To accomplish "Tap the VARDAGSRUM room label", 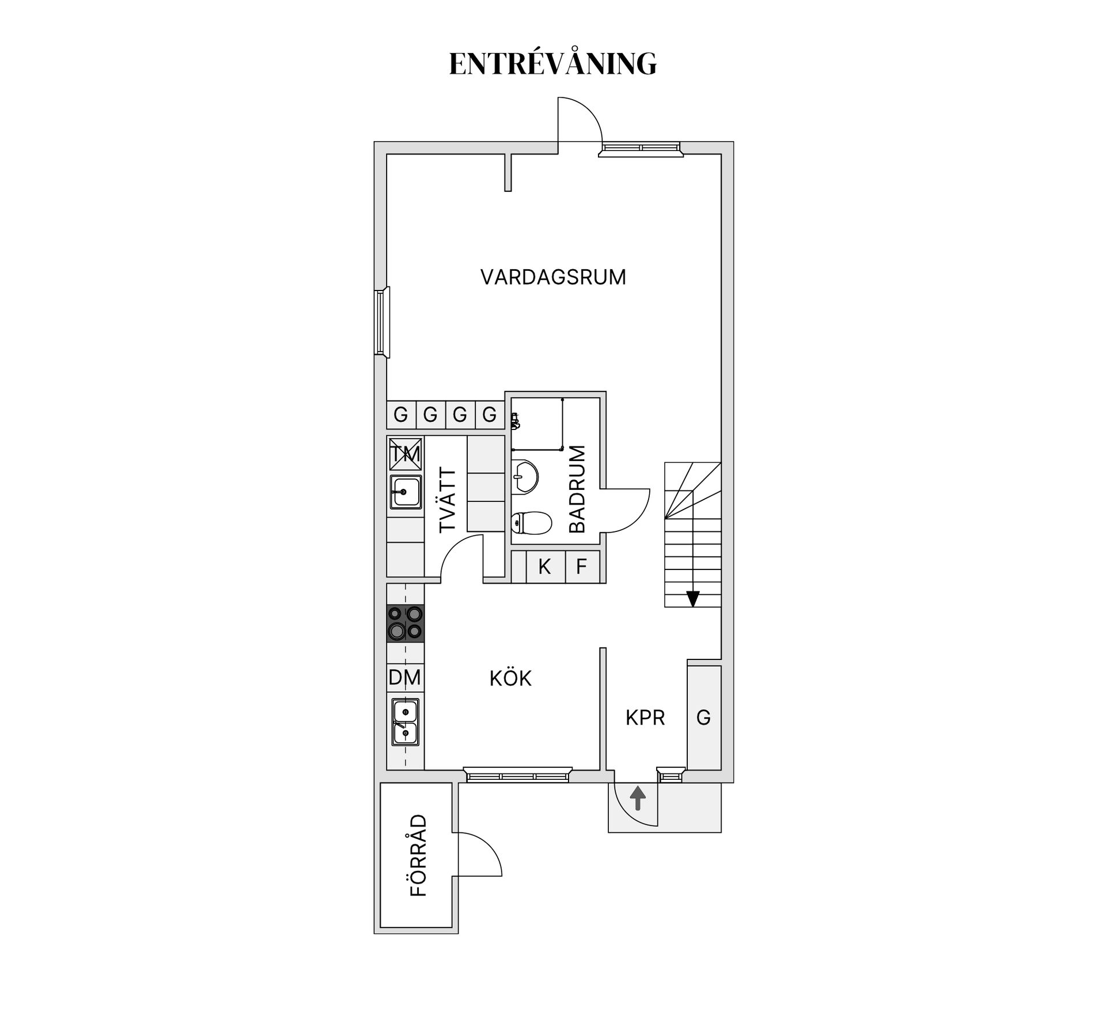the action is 553,277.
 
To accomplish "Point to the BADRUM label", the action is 577,489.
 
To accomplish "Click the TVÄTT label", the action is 448,500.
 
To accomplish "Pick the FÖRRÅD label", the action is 419,855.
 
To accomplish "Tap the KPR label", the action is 645,718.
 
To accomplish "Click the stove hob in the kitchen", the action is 405,623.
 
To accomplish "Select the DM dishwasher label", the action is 405,677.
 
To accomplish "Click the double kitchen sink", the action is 406,722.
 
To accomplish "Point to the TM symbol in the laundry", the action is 406,455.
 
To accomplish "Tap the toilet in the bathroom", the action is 531,523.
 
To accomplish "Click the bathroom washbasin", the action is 524,476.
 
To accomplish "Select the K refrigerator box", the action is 545,567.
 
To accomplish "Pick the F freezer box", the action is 582,567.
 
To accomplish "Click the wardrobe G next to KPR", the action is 704,717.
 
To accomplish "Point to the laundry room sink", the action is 406,492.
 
